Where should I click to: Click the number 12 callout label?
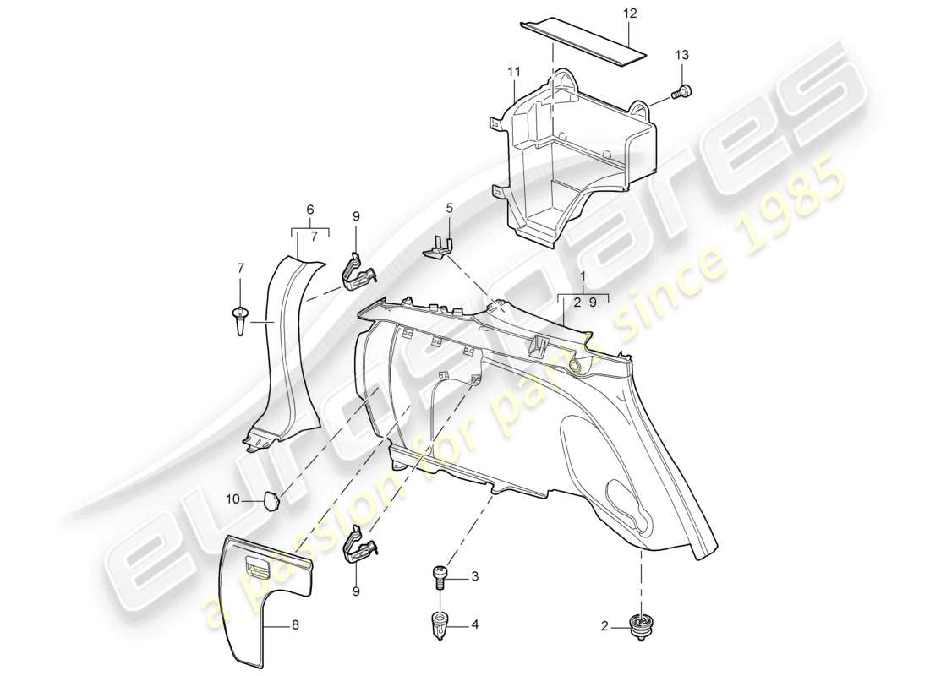click(x=629, y=14)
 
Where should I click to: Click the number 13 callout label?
click(x=681, y=55)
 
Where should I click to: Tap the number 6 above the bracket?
click(x=309, y=210)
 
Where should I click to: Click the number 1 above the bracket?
click(x=583, y=277)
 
